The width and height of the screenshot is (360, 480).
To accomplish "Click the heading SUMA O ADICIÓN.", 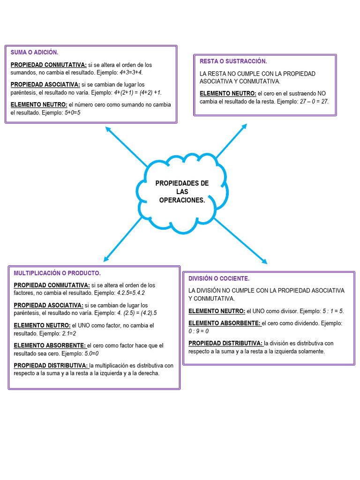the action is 34,52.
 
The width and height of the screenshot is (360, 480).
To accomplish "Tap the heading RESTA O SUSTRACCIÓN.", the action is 233,61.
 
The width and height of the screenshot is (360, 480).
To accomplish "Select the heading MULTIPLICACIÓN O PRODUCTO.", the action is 57,273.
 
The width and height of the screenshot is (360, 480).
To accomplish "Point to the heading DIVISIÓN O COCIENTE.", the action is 219,278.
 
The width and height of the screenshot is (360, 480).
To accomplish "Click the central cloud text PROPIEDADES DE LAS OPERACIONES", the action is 182,192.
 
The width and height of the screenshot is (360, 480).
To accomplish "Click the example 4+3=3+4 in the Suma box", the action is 131,73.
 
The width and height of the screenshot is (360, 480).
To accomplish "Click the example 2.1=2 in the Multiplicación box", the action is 69,333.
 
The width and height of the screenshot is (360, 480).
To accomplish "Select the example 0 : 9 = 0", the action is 198,331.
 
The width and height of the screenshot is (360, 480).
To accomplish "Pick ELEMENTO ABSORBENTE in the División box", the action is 224,323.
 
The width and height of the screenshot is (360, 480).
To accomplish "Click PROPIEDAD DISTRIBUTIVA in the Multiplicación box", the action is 50,365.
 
